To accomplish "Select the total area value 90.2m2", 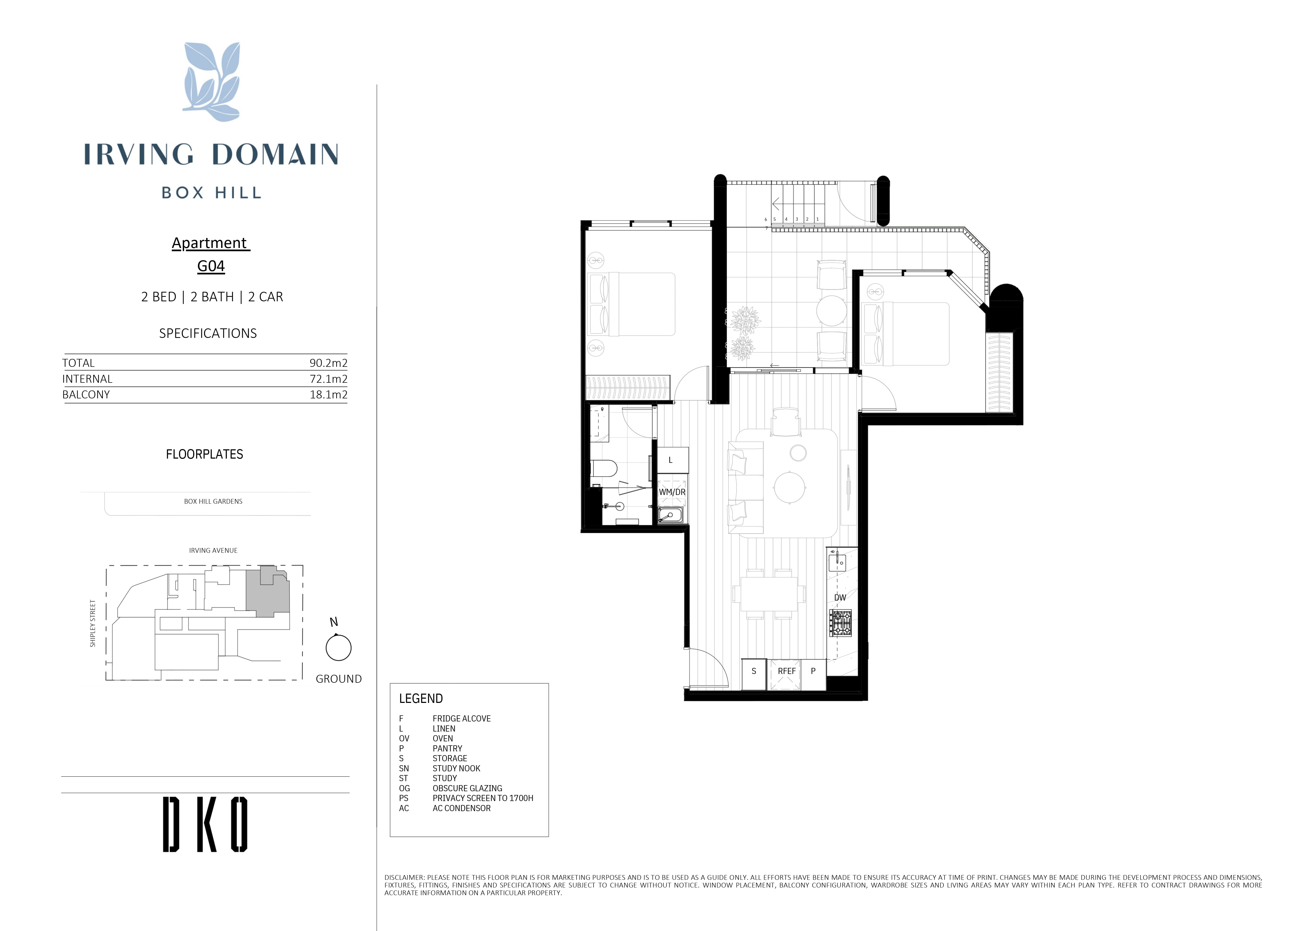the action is tap(328, 363).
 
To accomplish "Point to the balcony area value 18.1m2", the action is tap(328, 394).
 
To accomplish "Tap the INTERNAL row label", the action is tap(87, 379).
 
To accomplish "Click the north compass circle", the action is tap(338, 648).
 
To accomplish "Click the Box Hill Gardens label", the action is tap(213, 501).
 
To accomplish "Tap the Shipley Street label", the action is tap(93, 624).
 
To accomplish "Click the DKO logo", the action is tap(205, 824).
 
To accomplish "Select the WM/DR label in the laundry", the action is tap(672, 492).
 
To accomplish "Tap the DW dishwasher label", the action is tap(840, 597).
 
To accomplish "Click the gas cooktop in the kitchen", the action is tap(840, 623).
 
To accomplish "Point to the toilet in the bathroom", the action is tap(604, 469).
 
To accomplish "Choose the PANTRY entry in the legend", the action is tap(447, 748).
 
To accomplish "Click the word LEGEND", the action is tap(421, 698).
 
